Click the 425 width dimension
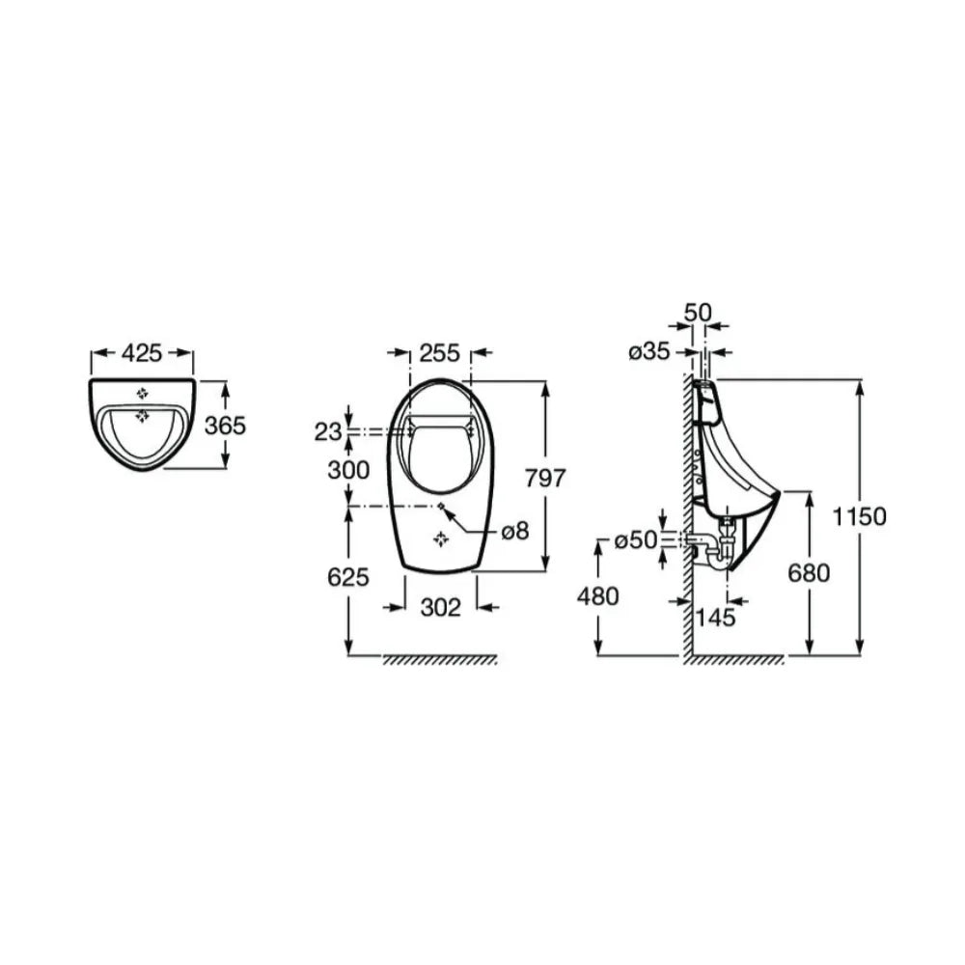pyautogui.click(x=142, y=352)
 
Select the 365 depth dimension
pyautogui.click(x=225, y=426)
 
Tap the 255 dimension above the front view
pyautogui.click(x=439, y=352)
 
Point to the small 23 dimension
pyautogui.click(x=328, y=432)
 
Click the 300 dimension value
pyautogui.click(x=348, y=470)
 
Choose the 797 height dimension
pyautogui.click(x=544, y=478)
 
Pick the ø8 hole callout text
pyautogui.click(x=515, y=531)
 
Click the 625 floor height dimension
pyautogui.click(x=348, y=577)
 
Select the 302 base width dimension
pyautogui.click(x=441, y=607)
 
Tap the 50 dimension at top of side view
pyautogui.click(x=698, y=313)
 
